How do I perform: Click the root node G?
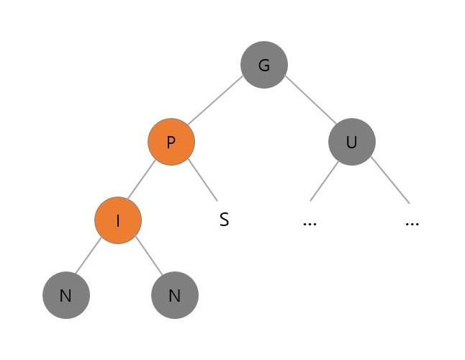tap(264, 65)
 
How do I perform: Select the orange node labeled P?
tap(171, 142)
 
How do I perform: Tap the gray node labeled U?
tap(351, 142)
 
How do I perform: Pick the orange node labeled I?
tap(118, 220)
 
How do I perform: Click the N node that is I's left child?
tap(66, 295)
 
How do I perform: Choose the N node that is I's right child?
tap(174, 295)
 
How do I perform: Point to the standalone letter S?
tap(224, 220)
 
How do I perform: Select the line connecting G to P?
tap(216, 102)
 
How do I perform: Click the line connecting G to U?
tap(310, 102)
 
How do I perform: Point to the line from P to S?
tap(202, 180)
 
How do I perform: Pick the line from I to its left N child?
tap(90, 256)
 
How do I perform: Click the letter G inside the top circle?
tap(264, 65)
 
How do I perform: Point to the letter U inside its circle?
tap(351, 142)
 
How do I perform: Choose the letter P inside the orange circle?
tap(171, 142)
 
